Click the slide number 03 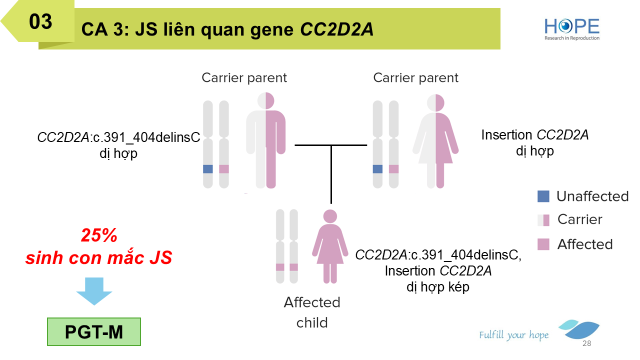pyautogui.click(x=40, y=21)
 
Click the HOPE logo pyautogui.click(x=571, y=28)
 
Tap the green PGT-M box pyautogui.click(x=94, y=332)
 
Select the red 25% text pyautogui.click(x=99, y=235)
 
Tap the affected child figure pyautogui.click(x=329, y=245)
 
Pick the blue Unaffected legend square pyautogui.click(x=543, y=196)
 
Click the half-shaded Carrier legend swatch pyautogui.click(x=543, y=219)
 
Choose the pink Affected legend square pyautogui.click(x=543, y=244)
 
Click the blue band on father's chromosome pyautogui.click(x=208, y=169)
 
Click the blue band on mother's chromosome pyautogui.click(x=378, y=169)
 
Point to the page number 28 pyautogui.click(x=586, y=344)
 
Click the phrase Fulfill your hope pyautogui.click(x=513, y=335)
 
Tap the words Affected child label pyautogui.click(x=312, y=312)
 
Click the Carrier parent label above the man pyautogui.click(x=244, y=78)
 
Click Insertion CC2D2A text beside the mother pyautogui.click(x=534, y=135)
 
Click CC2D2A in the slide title pyautogui.click(x=336, y=29)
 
